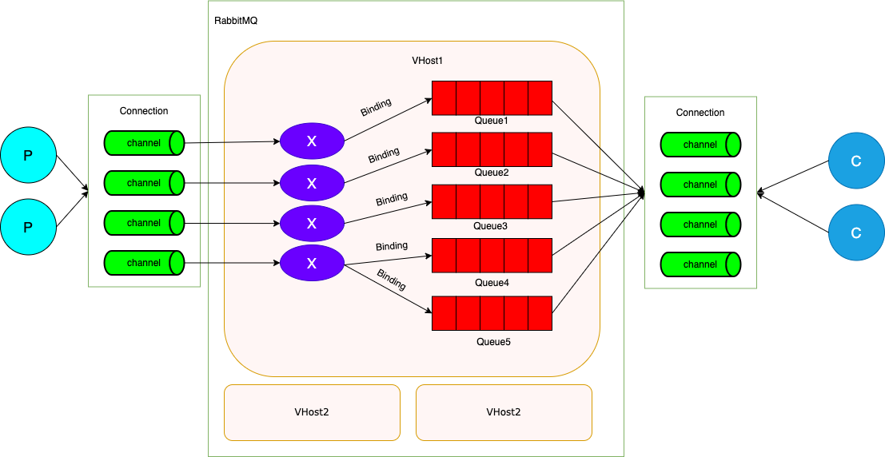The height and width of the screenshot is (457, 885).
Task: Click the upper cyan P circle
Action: coord(28,155)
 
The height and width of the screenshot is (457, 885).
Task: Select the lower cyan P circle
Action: coord(28,227)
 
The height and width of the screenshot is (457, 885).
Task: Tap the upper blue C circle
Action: coord(856,161)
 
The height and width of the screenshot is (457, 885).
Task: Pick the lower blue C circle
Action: coord(856,232)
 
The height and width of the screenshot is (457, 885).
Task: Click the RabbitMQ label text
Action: coord(236,20)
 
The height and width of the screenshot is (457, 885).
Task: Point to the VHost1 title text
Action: coord(427,61)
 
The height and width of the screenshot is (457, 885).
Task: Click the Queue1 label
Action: coord(492,121)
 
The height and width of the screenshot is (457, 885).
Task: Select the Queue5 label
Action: coord(493,342)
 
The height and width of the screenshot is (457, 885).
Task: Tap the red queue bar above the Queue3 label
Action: coord(492,201)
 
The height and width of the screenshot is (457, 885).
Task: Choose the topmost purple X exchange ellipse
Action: coord(312,141)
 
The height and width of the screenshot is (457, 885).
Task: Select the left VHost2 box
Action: coord(312,412)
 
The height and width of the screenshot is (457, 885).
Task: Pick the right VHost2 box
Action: coord(504,412)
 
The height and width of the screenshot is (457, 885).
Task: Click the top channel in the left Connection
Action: coord(145,143)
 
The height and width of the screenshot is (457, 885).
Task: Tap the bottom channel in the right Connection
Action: coord(701,264)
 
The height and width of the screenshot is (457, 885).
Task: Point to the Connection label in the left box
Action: coord(144,111)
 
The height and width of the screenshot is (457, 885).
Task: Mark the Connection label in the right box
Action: coord(700,113)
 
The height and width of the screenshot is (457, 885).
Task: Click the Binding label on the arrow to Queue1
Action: coord(376,108)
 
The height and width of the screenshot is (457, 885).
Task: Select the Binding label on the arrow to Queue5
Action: coord(392,279)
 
